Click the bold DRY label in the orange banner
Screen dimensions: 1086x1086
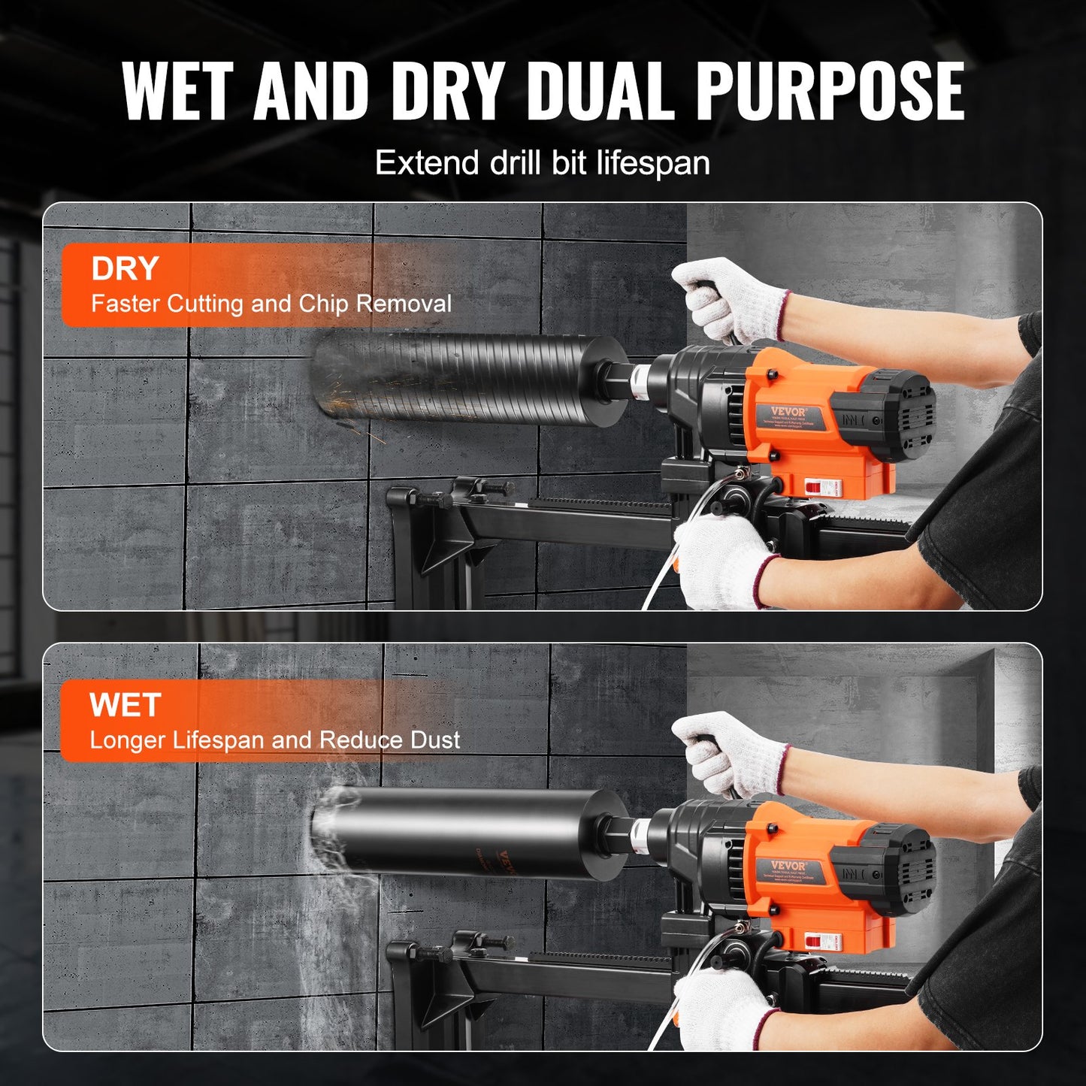click(x=125, y=268)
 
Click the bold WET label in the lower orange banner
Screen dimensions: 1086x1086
click(x=125, y=705)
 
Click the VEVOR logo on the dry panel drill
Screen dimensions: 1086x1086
click(x=787, y=411)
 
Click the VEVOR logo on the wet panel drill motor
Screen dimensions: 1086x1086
click(x=788, y=866)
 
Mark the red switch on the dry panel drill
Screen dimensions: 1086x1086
click(x=810, y=487)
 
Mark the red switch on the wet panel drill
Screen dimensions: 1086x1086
click(x=810, y=940)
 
